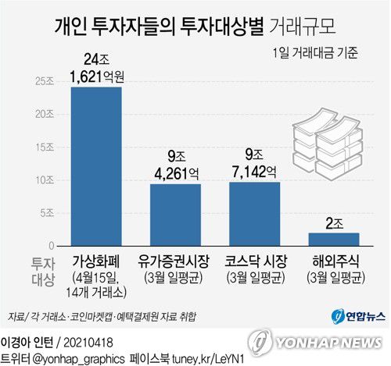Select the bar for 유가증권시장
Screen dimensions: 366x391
click(x=175, y=215)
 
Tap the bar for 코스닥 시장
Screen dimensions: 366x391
click(x=254, y=214)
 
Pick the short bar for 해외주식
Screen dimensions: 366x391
click(x=334, y=239)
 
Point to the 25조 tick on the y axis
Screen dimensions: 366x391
click(x=45, y=81)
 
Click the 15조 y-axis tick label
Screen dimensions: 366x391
click(x=45, y=147)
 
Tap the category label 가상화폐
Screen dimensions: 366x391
click(x=97, y=260)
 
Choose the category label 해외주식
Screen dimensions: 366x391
click(x=334, y=260)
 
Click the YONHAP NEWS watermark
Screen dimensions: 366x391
click(x=321, y=342)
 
